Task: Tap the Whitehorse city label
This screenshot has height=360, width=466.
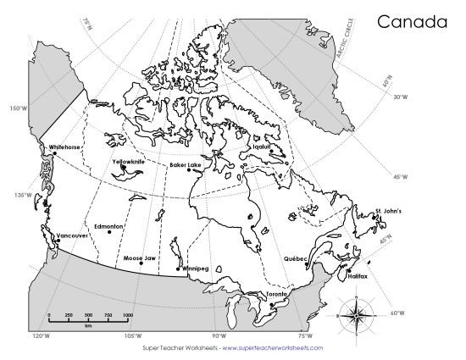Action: coord(64,147)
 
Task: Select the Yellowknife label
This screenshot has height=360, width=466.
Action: coord(128,160)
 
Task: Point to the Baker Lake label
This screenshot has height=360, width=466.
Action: coord(185,164)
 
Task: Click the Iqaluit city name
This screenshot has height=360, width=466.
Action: coord(262,146)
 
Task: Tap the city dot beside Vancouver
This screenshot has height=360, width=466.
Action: coord(57,241)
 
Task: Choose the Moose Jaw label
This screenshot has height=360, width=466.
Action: coord(138,257)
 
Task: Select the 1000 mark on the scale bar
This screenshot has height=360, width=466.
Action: coord(126,315)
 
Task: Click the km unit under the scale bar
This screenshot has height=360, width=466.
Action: coord(87,325)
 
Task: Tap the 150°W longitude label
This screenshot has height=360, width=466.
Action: coord(17,109)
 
